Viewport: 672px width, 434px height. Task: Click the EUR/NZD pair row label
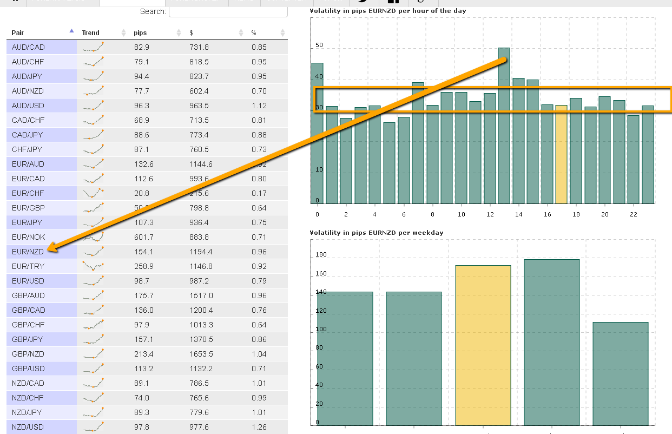[28, 252]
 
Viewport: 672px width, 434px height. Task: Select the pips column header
[140, 33]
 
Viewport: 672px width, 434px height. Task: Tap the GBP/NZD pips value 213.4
[142, 354]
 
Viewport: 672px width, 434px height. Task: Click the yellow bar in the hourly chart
[562, 154]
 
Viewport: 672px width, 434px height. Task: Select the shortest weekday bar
[620, 373]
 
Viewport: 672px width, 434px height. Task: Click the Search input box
[228, 11]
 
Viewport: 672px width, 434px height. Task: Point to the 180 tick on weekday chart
[321, 255]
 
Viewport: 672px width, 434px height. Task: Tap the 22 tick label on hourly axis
[634, 214]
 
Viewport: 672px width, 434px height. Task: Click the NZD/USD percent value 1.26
[259, 427]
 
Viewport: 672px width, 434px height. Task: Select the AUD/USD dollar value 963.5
[199, 106]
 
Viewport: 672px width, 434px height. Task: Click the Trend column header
[90, 33]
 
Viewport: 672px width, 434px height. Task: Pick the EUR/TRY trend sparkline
[94, 266]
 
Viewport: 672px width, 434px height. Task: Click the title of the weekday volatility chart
[376, 233]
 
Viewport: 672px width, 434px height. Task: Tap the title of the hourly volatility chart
[387, 11]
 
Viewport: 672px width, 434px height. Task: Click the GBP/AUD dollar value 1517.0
[201, 295]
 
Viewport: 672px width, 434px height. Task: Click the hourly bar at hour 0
[317, 133]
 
